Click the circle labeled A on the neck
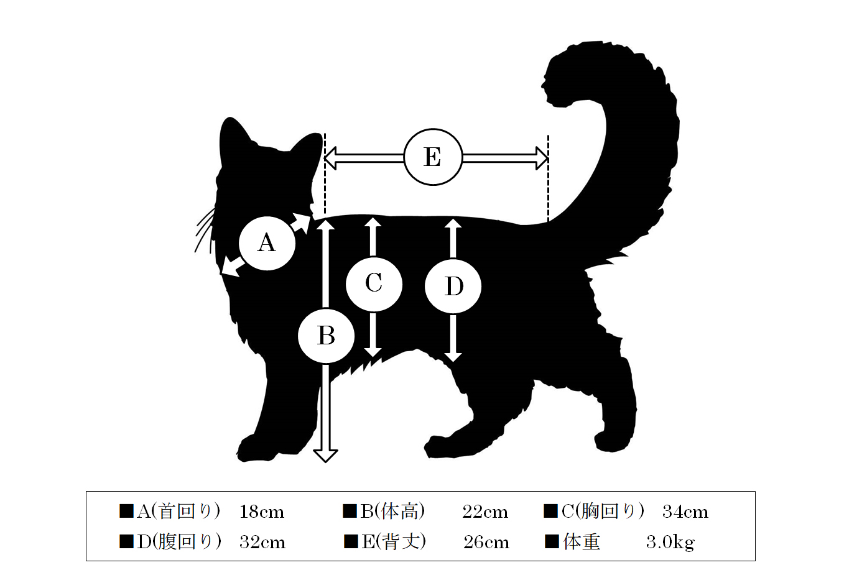pyautogui.click(x=267, y=243)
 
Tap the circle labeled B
pyautogui.click(x=327, y=336)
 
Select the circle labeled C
pyautogui.click(x=374, y=284)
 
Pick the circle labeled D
pyautogui.click(x=453, y=287)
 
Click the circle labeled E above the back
pyautogui.click(x=433, y=157)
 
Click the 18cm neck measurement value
pyautogui.click(x=262, y=512)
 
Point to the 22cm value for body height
pyautogui.click(x=485, y=512)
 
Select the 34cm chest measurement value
pyautogui.click(x=685, y=512)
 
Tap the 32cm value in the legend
pyautogui.click(x=262, y=542)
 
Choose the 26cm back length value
pyautogui.click(x=486, y=542)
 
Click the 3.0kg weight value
pyautogui.click(x=670, y=543)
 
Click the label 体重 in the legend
pyautogui.click(x=582, y=541)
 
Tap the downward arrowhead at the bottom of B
pyautogui.click(x=325, y=456)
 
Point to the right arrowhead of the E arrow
pyautogui.click(x=542, y=158)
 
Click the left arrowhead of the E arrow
pyautogui.click(x=330, y=158)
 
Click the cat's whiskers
pyautogui.click(x=205, y=230)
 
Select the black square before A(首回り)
pyautogui.click(x=126, y=511)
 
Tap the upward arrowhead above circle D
pyautogui.click(x=453, y=224)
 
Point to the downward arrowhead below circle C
pyautogui.click(x=373, y=352)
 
